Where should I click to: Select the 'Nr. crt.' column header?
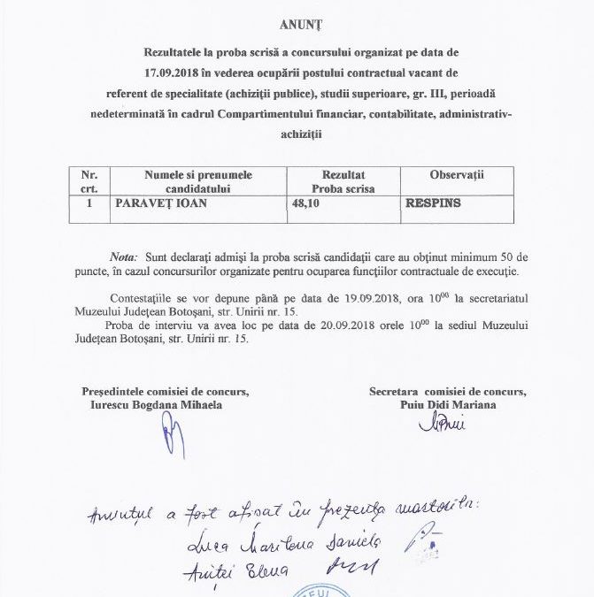(89, 182)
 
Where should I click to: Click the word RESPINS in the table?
(433, 203)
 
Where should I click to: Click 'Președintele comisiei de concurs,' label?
(166, 391)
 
